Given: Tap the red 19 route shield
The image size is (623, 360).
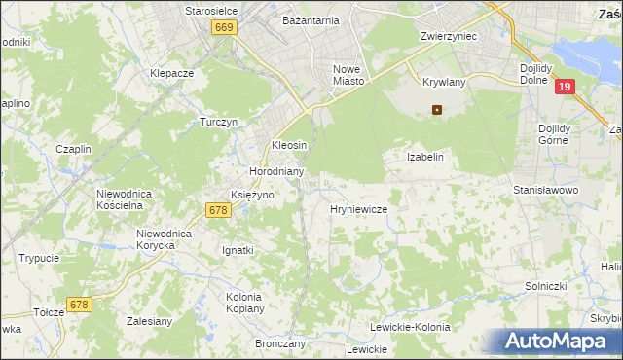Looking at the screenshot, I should (x=565, y=88).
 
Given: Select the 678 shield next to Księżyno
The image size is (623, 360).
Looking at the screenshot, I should (x=218, y=210).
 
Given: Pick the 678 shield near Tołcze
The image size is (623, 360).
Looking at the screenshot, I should (x=79, y=305).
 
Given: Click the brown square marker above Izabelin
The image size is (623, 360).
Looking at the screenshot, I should (x=437, y=110).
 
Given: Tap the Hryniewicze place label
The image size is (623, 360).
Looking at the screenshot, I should (x=359, y=209).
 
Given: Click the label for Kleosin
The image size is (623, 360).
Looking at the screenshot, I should (x=289, y=145).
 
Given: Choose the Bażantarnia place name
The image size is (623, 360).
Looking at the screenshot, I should (x=311, y=19).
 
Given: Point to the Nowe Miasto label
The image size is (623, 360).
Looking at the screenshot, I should (x=348, y=75).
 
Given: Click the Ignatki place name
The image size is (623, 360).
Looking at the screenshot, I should (x=238, y=250).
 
